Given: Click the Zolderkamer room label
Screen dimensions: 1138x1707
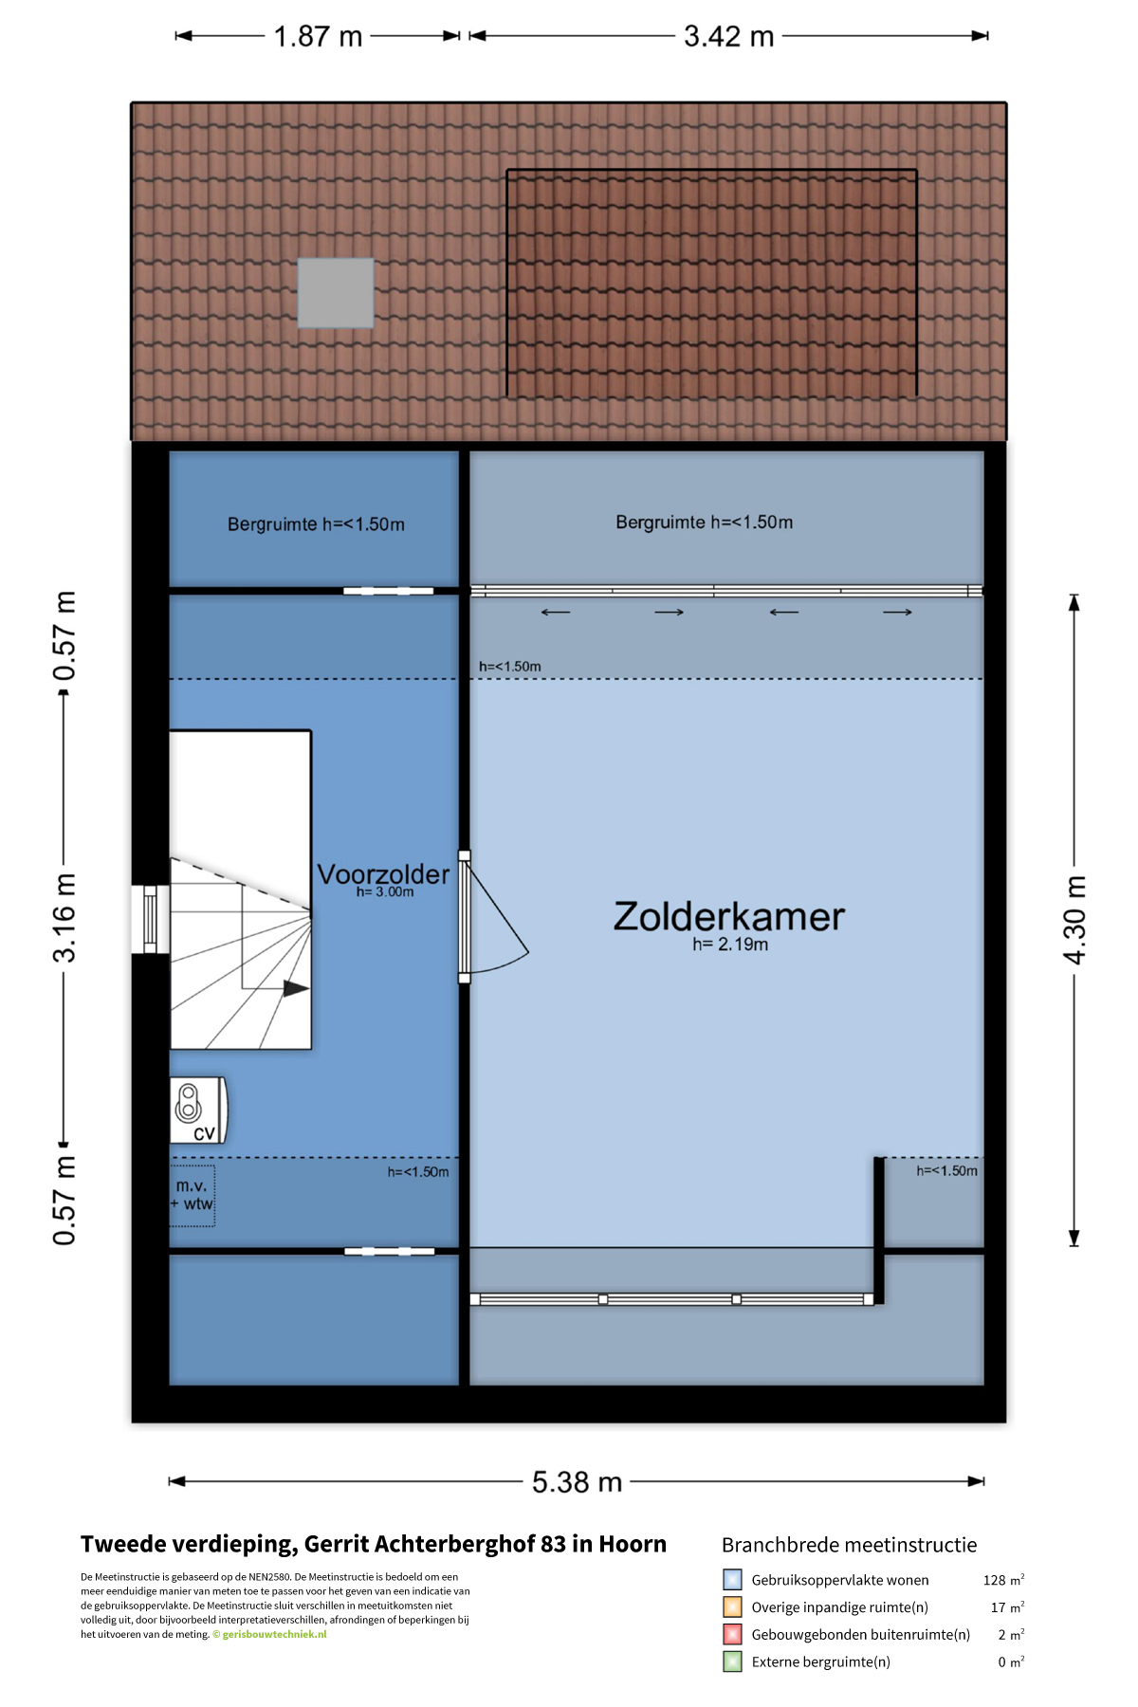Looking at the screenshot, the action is point(728,916).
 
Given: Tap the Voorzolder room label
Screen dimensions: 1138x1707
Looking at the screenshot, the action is point(383,873).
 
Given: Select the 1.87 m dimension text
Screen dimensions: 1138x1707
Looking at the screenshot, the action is point(318,36).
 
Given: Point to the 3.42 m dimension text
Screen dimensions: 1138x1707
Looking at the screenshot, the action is point(728,36).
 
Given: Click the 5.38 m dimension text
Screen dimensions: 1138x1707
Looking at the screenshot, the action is point(577,1481).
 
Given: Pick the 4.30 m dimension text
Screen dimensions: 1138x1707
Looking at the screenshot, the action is point(1074,920).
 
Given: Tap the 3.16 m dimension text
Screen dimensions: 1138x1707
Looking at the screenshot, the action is point(64,918).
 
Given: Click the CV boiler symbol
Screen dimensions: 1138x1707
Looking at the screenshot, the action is point(198,1110).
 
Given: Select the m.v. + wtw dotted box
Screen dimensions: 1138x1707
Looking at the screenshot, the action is point(193,1196).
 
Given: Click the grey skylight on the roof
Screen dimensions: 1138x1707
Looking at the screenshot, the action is point(336,293).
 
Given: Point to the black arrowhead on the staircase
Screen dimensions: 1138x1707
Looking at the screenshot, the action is point(296,988).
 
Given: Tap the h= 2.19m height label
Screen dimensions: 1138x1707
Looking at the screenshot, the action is point(730,944).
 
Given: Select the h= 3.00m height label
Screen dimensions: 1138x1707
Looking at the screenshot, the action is point(385,891).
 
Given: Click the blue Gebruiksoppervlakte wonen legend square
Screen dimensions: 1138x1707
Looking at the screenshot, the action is point(732,1579).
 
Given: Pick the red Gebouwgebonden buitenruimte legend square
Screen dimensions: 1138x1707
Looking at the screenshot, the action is point(732,1634).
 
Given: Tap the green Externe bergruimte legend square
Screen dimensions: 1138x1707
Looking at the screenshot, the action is point(732,1661).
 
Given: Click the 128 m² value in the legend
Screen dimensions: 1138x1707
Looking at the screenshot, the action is point(1003,1580).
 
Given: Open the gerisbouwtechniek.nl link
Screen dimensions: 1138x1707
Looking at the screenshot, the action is point(274,1634).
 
